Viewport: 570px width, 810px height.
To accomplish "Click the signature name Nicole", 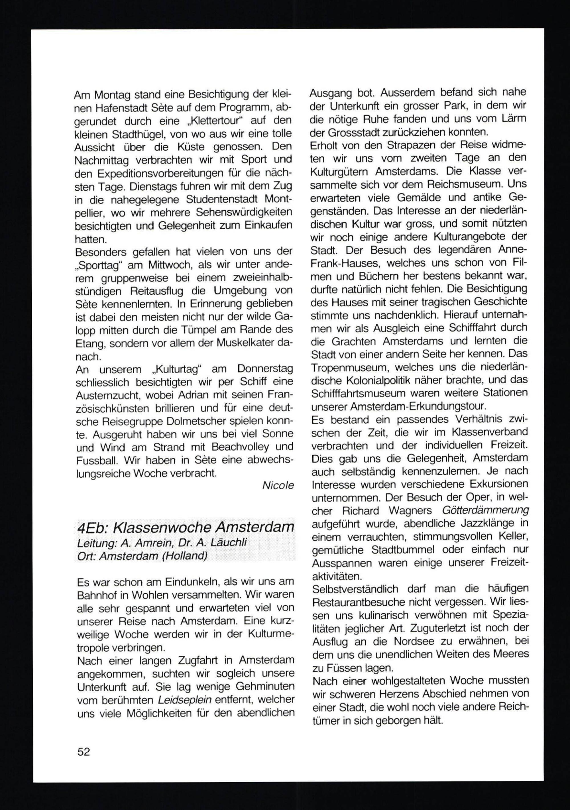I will coord(278,486).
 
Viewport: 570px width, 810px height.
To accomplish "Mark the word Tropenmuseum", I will coord(349,368).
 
